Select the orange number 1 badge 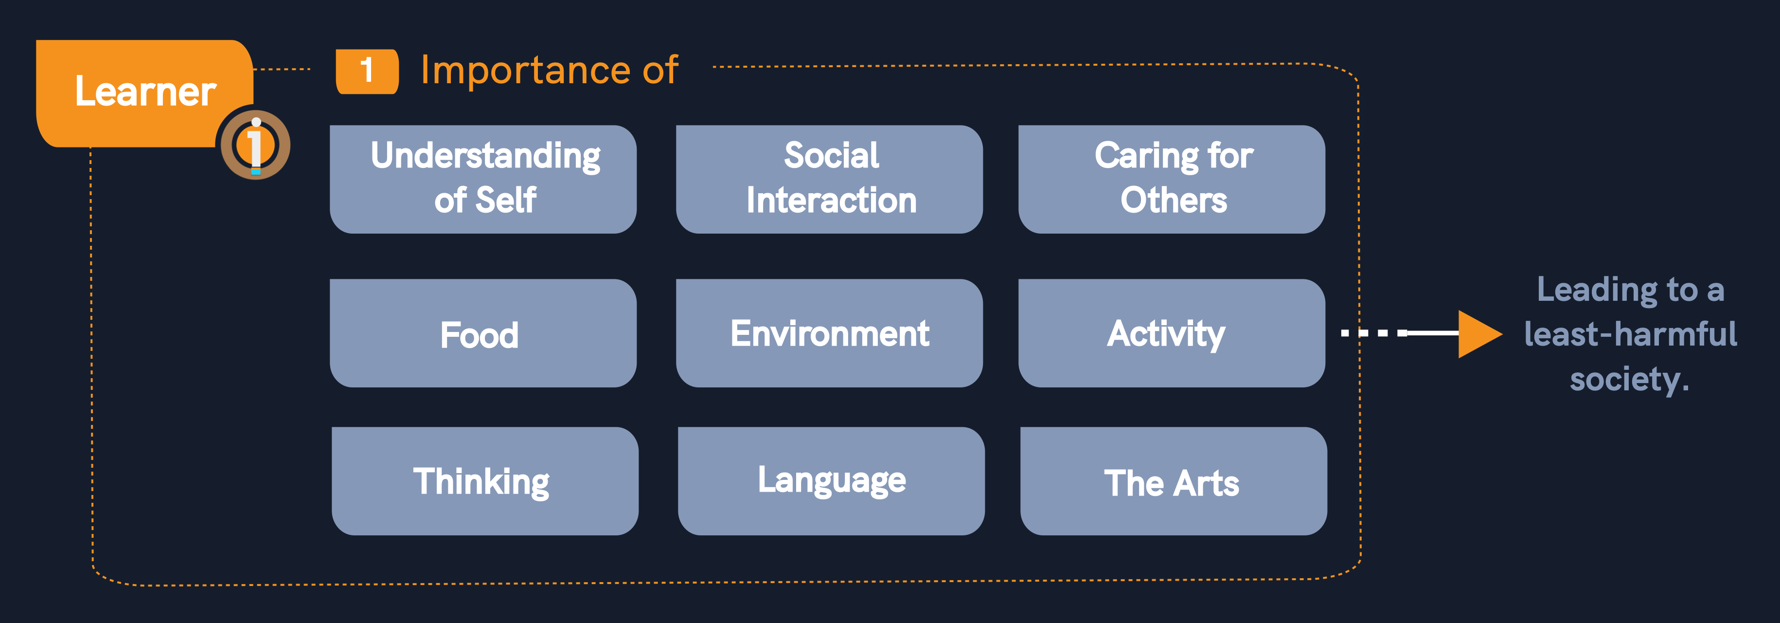[367, 71]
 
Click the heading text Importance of [550, 70]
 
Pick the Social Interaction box [829, 179]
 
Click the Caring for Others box [1172, 179]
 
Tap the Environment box [829, 333]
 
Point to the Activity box [1172, 333]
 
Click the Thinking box [485, 481]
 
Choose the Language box [831, 481]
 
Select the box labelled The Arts [1174, 481]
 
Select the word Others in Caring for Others [1174, 201]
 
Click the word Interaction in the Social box [831, 201]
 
